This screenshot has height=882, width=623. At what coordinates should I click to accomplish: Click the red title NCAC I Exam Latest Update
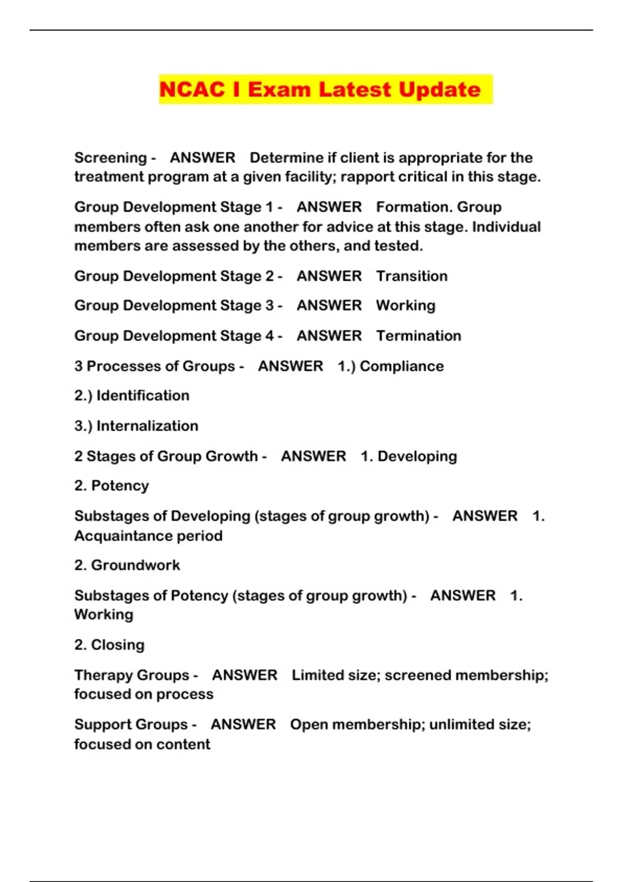(x=320, y=89)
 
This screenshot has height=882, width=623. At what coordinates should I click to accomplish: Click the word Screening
(x=110, y=158)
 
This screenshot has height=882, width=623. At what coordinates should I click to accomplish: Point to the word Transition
(x=412, y=276)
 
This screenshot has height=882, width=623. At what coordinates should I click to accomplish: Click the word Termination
(x=418, y=336)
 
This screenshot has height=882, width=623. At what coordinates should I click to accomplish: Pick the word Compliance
(x=402, y=366)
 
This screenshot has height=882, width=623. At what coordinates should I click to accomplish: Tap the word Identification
(x=143, y=396)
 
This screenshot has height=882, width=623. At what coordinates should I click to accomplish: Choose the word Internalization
(x=147, y=426)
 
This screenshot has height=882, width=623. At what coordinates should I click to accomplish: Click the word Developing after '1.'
(x=417, y=457)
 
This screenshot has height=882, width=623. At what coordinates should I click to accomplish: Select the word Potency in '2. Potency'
(x=120, y=486)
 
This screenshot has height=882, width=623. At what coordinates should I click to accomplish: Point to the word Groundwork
(x=136, y=565)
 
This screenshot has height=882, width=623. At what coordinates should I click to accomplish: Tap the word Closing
(x=118, y=645)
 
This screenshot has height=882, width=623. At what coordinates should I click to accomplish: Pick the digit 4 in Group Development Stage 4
(x=269, y=336)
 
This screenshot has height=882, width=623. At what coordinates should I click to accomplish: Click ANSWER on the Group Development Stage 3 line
(x=329, y=306)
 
